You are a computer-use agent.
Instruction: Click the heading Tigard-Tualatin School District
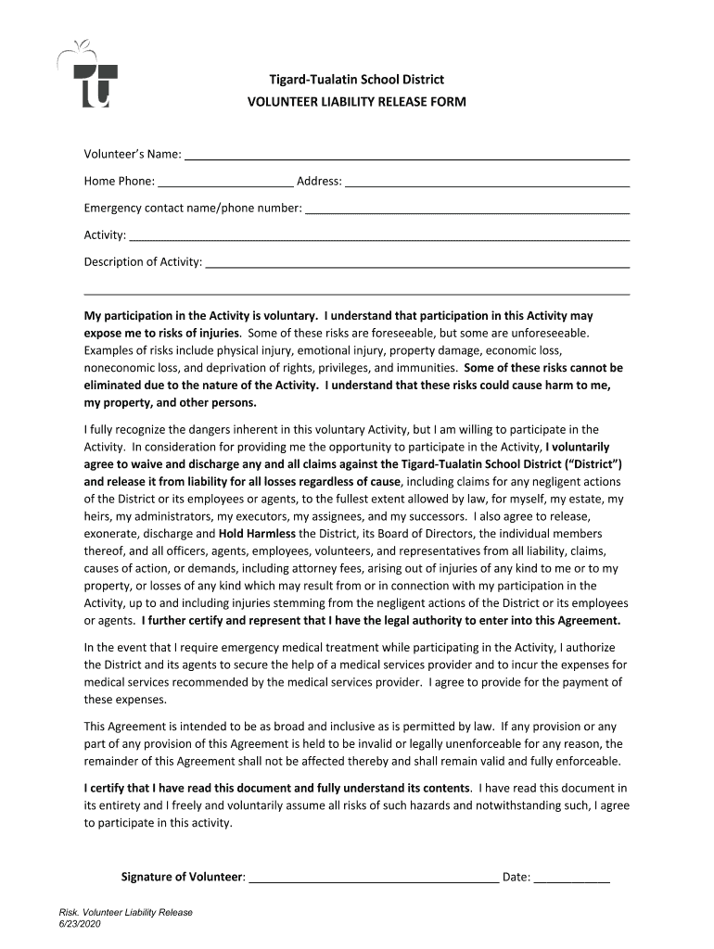356,80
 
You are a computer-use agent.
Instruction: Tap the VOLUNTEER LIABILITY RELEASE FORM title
356,101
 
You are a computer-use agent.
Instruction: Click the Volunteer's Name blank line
406,155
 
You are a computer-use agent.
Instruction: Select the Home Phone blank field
225,182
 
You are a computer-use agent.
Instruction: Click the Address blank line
487,182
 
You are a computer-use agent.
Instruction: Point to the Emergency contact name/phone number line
467,209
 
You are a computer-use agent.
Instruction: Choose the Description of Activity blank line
417,262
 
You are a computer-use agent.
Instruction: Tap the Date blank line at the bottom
572,878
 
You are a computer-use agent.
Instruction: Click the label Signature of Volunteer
183,877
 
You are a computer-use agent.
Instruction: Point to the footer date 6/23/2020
79,925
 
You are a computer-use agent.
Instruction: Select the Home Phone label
119,182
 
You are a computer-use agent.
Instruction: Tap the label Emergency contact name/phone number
193,209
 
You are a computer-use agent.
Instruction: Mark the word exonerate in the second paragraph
112,534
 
